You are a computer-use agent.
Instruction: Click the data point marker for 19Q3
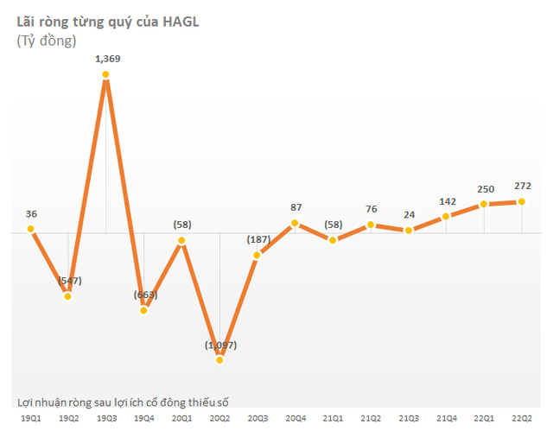105,76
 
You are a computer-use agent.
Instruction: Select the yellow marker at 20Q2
219,358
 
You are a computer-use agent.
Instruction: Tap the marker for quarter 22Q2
522,201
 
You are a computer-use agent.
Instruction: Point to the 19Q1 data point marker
30,229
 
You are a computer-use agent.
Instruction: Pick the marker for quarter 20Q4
295,223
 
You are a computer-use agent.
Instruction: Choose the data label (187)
257,238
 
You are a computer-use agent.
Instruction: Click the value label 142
446,200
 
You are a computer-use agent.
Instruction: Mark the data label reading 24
408,214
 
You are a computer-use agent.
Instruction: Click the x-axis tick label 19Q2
67,417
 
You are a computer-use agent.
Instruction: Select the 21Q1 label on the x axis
333,417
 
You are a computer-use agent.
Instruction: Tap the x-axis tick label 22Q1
484,417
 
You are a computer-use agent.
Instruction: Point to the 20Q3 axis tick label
257,417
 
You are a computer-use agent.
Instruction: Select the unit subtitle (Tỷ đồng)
47,41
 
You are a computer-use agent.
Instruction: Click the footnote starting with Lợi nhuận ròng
128,402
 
